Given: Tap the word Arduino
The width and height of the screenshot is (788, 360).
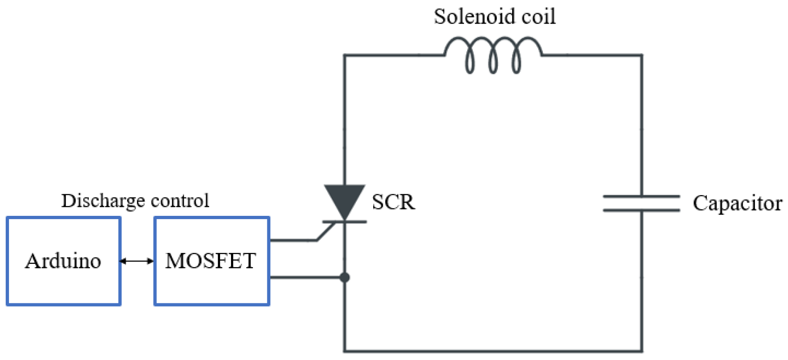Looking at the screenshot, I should click(x=63, y=261).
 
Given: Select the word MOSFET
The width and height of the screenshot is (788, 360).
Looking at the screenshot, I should click(x=211, y=261).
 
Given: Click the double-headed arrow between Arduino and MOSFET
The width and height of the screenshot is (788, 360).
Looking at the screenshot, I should click(x=137, y=261).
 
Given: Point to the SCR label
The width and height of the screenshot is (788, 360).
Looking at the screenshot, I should click(x=394, y=202).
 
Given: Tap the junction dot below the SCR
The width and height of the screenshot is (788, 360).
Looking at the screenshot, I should click(x=345, y=278).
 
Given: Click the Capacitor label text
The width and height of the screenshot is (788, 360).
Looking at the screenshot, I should click(x=737, y=203).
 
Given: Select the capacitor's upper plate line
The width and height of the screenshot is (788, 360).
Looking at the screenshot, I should click(x=641, y=197).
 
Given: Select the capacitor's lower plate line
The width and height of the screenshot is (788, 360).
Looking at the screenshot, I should click(x=641, y=210).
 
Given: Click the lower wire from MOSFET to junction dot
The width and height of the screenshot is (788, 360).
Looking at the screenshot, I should click(x=306, y=278).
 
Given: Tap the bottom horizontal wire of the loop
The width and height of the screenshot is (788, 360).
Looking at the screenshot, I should click(x=493, y=351).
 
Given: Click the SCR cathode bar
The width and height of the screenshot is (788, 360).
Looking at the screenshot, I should click(x=345, y=222).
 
